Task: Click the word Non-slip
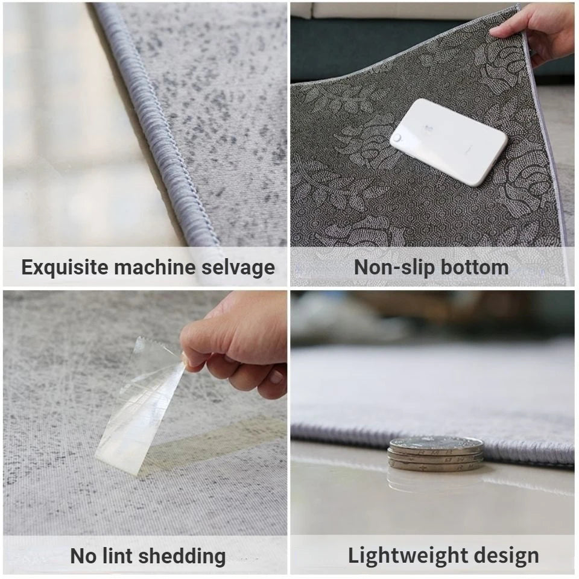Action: click(x=392, y=267)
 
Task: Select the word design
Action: click(x=508, y=555)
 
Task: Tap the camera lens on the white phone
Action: click(x=397, y=138)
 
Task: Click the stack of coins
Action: click(x=436, y=453)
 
